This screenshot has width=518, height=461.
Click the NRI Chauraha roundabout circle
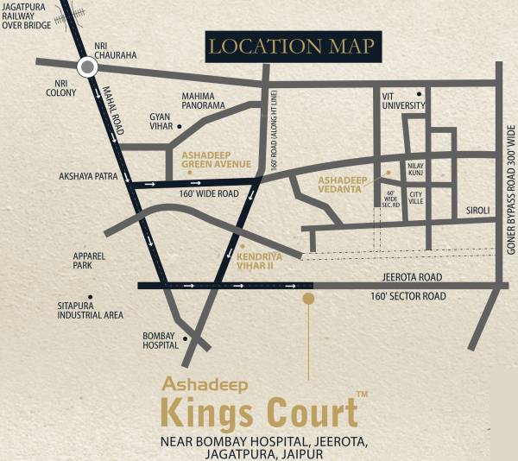coord(87,66)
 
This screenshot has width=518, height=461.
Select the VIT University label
coord(404,101)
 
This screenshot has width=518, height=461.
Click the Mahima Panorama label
coord(203,100)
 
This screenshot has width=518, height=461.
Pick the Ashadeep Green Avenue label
coord(216,159)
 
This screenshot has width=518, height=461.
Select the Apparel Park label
coord(88,261)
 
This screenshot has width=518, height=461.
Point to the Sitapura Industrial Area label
coord(90,310)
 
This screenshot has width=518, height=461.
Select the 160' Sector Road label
coord(407,296)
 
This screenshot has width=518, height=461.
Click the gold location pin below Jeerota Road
coord(308,299)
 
